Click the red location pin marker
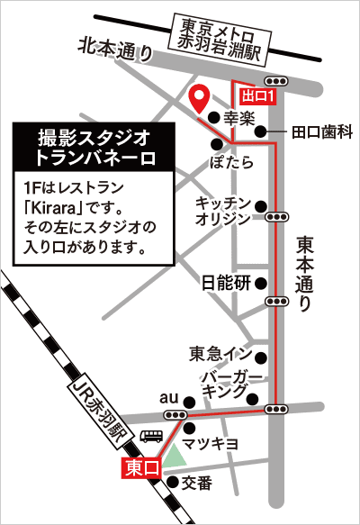coord(202,96)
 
